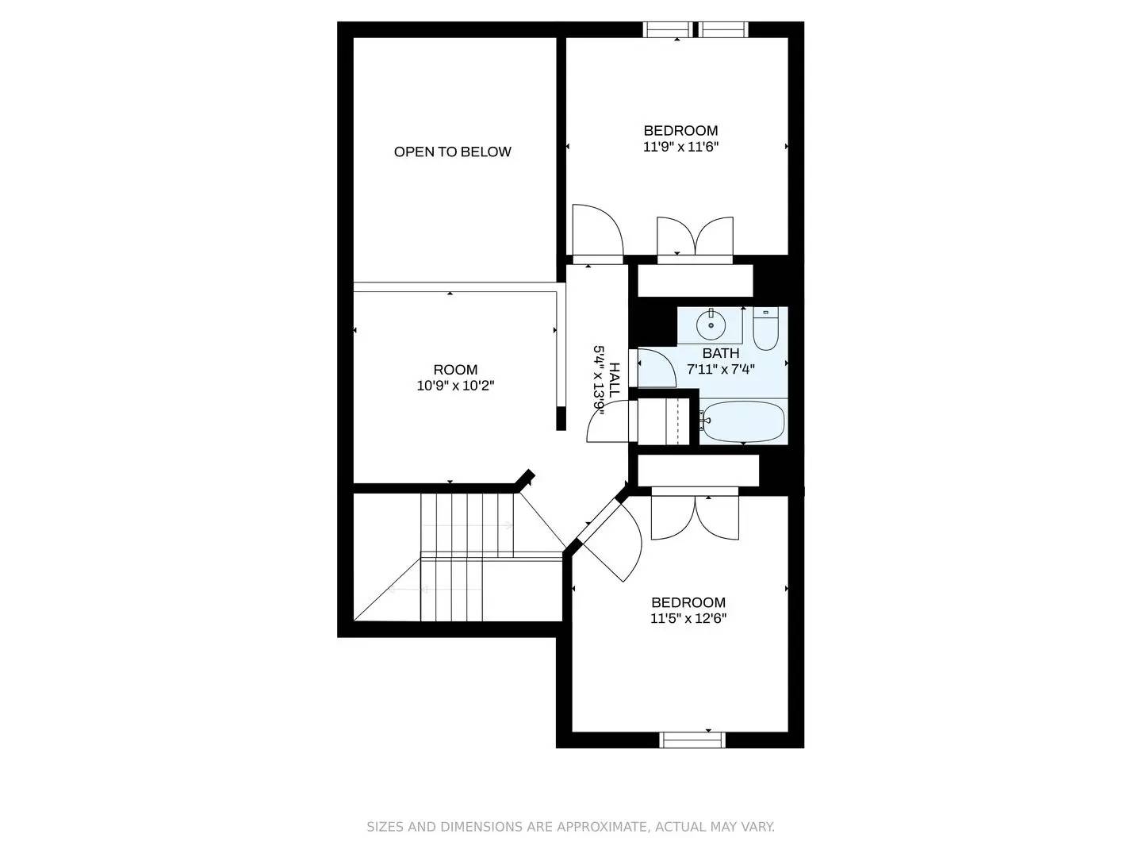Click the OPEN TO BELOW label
452,152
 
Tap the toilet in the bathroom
765,328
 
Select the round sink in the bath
710,324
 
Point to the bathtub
742,421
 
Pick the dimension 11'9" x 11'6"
680,147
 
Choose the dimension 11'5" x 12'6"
688,619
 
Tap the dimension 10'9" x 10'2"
455,386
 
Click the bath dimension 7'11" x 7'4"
720,368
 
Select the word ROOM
455,369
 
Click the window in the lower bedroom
692,740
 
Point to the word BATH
720,352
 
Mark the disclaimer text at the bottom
570,827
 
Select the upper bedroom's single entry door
596,232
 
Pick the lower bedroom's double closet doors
695,517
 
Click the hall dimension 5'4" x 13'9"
600,379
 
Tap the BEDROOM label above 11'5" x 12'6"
688,602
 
